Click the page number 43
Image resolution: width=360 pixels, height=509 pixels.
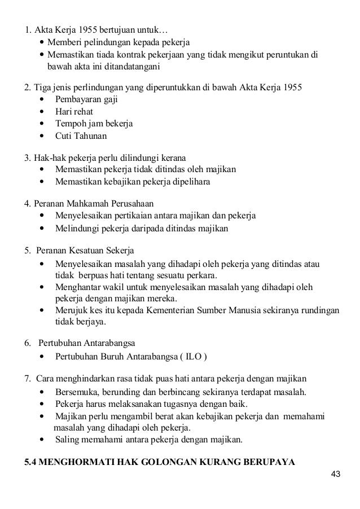pyautogui.click(x=336, y=473)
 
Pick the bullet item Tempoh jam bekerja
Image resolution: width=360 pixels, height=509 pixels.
pyautogui.click(x=93, y=123)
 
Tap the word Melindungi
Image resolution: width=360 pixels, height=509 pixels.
pyautogui.click(x=76, y=229)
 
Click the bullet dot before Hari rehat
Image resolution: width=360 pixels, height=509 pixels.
pyautogui.click(x=43, y=111)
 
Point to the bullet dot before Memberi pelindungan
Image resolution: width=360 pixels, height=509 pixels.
pyautogui.click(x=43, y=42)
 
